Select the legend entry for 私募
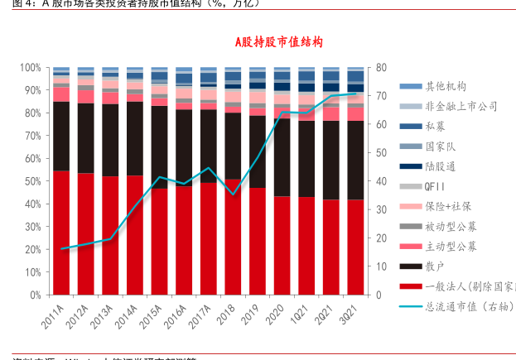pyautogui.click(x=437, y=126)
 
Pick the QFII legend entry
pyautogui.click(x=436, y=186)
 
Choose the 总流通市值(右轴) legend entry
pyautogui.click(x=460, y=307)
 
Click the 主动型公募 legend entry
pyautogui.click(x=449, y=246)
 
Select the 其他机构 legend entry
pyautogui.click(x=444, y=86)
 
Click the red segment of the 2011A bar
pyautogui.click(x=60, y=232)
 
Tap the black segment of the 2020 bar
pyautogui.click(x=282, y=157)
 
